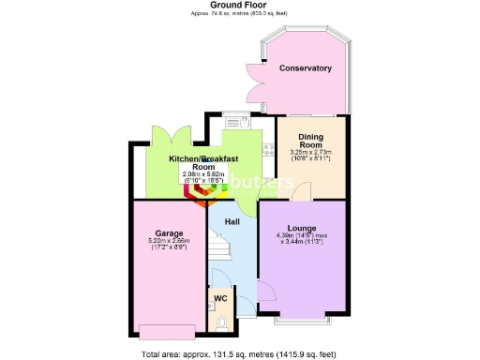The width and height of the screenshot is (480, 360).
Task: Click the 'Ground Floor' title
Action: [x=239, y=5]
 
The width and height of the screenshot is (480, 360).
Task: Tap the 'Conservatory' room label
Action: [x=306, y=68]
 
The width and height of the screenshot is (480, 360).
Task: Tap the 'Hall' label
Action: [x=232, y=221]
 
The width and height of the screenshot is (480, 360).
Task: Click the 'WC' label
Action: [x=221, y=298]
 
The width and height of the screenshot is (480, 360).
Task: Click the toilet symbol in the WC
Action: [x=221, y=322]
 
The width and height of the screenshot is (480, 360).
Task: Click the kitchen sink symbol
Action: [x=233, y=121]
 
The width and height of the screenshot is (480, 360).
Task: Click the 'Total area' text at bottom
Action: [x=238, y=354]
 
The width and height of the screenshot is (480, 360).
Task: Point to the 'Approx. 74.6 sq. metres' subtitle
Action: [x=239, y=13]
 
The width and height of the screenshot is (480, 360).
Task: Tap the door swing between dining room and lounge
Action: [x=301, y=191]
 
